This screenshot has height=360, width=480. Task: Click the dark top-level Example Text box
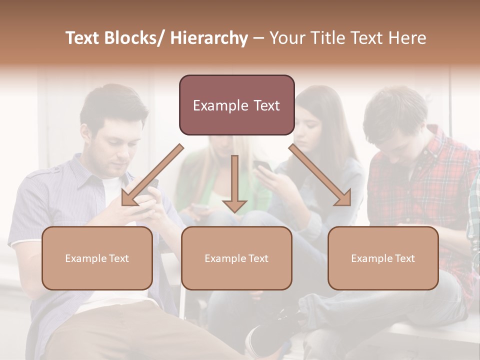click(x=236, y=105)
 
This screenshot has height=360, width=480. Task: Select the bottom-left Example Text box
click(x=97, y=258)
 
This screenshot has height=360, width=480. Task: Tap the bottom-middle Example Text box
click(x=236, y=258)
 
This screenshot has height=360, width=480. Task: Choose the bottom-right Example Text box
click(x=383, y=258)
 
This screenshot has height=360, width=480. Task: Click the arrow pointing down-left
click(x=151, y=175)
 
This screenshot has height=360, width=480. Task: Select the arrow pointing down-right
click(x=320, y=175)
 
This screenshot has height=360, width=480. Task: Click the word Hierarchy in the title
click(x=209, y=38)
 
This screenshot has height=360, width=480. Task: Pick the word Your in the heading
click(x=285, y=38)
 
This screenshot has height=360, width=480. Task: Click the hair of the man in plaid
click(x=395, y=110)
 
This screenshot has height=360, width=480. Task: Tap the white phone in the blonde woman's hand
click(x=200, y=206)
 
